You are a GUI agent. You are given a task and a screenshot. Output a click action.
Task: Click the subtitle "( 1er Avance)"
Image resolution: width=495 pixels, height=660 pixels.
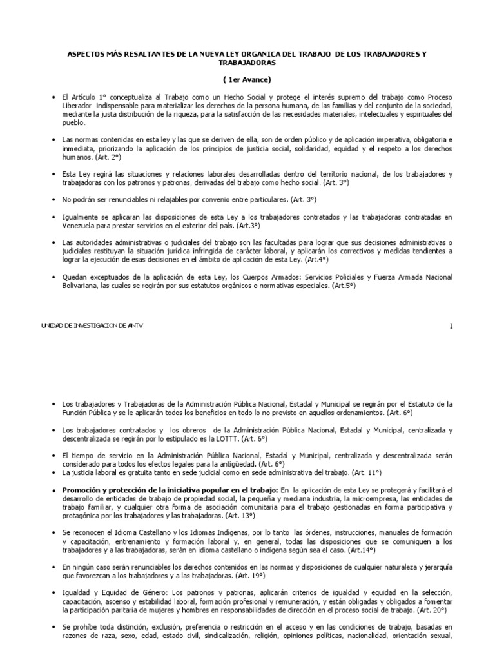click(x=247, y=79)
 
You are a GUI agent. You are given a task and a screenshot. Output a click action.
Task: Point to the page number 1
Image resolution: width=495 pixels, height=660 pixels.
click(x=451, y=326)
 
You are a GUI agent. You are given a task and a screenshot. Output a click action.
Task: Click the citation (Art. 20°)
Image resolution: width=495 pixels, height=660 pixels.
click(x=436, y=609)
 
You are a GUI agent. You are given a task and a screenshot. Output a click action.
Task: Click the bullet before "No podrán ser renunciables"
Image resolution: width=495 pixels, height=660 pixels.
click(x=53, y=199)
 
